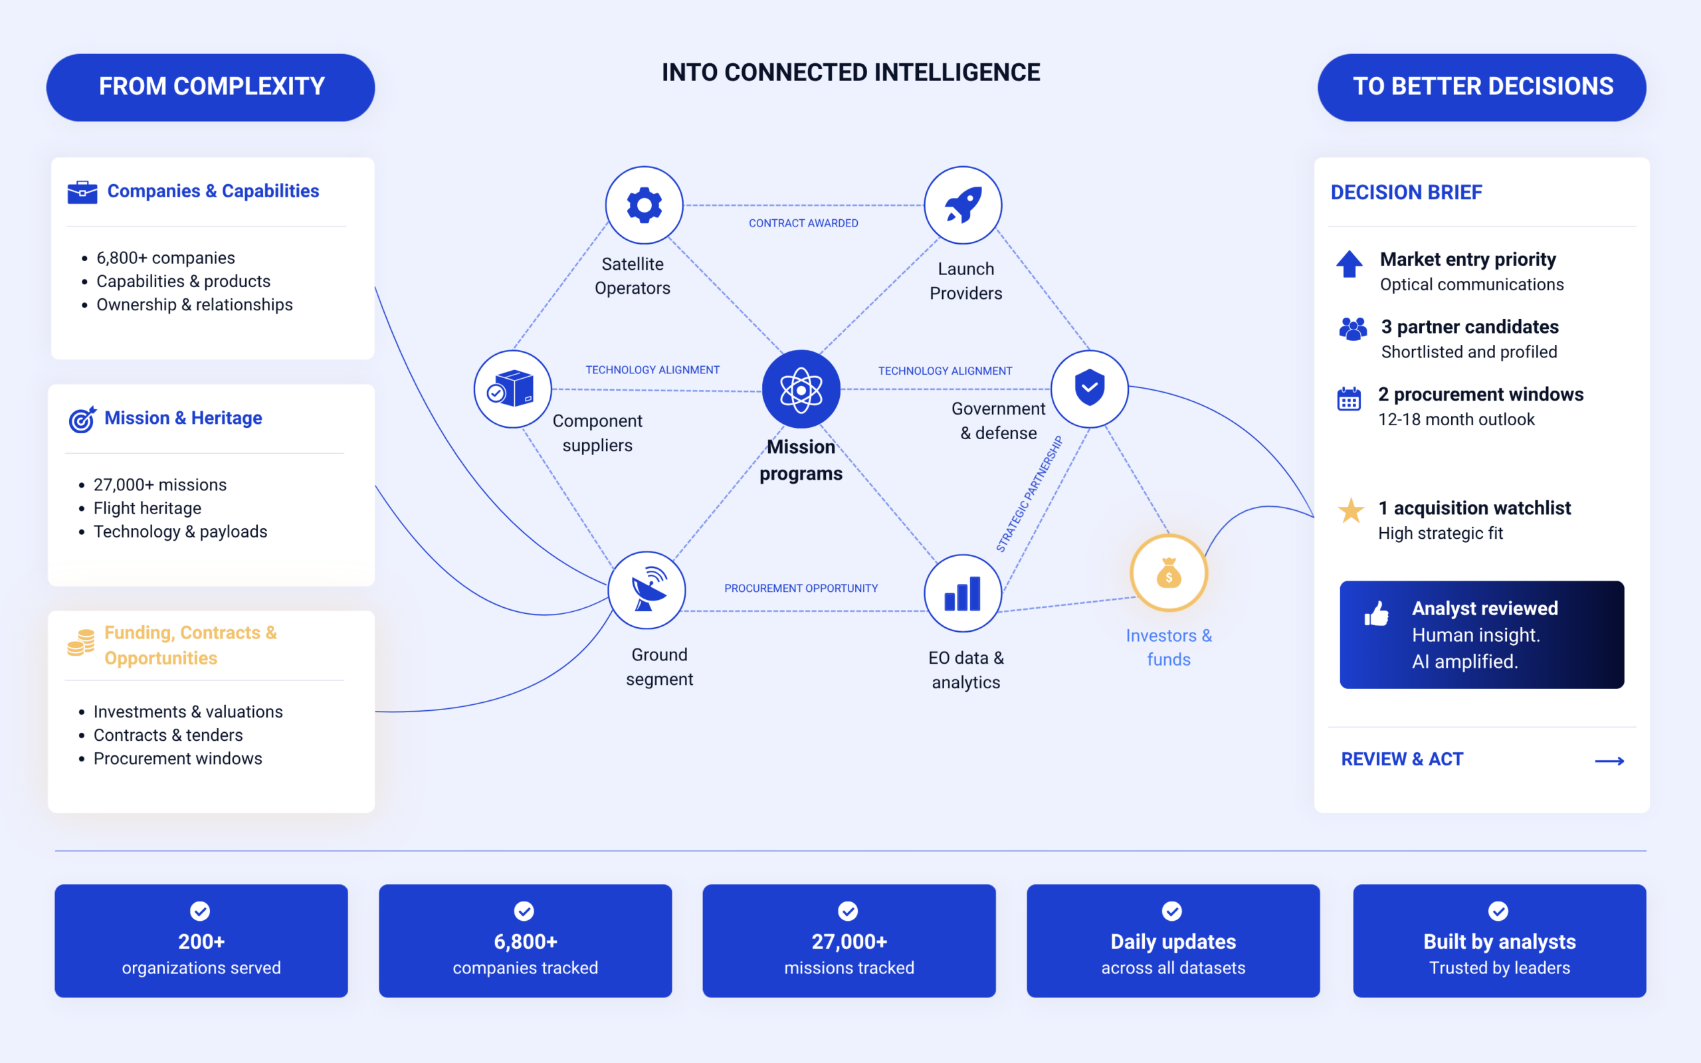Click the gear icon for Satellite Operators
point(644,205)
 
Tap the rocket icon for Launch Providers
point(962,205)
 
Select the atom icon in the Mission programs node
point(801,389)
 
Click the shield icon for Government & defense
point(1089,387)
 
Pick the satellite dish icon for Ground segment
point(647,589)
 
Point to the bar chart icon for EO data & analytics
point(962,593)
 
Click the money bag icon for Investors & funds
point(1168,573)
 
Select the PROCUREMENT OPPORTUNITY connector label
point(801,588)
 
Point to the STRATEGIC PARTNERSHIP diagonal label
point(1029,494)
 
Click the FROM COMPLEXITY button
point(210,87)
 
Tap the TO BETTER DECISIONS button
point(1482,87)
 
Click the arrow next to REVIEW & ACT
point(1609,761)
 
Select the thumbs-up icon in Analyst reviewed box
point(1376,613)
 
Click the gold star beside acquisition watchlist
point(1350,510)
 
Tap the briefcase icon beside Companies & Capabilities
point(82,192)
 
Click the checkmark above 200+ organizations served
point(200,911)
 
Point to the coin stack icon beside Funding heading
point(81,642)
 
